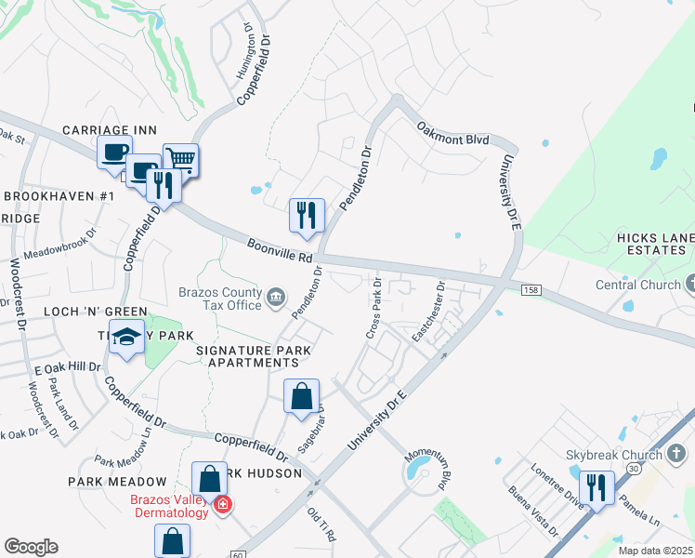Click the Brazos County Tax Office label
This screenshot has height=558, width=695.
click(219, 298)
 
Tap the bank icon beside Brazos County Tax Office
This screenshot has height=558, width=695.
click(275, 298)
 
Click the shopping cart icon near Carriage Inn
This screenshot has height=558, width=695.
click(181, 160)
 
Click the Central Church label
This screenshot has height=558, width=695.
click(637, 284)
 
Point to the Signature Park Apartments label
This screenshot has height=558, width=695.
click(253, 355)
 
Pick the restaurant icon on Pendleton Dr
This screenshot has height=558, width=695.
click(307, 216)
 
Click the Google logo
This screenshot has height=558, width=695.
click(31, 547)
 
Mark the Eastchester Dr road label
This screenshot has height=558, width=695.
click(429, 312)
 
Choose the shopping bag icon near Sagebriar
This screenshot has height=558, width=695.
click(302, 397)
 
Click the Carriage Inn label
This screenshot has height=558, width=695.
click(109, 130)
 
